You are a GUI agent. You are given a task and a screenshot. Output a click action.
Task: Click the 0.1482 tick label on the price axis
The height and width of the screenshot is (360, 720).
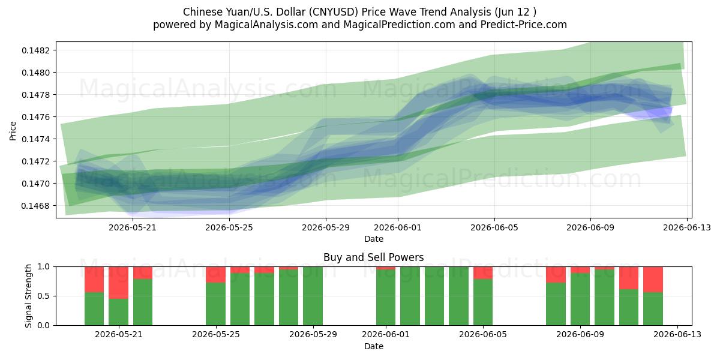[36, 50]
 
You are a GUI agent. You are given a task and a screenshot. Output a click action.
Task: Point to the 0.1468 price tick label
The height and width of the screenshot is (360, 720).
[36, 206]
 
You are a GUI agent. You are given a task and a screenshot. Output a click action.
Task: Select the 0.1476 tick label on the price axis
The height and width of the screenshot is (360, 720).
[36, 117]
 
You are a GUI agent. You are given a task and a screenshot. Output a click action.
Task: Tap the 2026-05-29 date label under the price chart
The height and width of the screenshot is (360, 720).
[326, 227]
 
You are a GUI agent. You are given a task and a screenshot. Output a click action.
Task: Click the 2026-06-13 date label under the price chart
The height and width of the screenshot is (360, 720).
[687, 227]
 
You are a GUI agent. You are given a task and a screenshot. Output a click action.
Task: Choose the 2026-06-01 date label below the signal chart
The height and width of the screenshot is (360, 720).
[386, 334]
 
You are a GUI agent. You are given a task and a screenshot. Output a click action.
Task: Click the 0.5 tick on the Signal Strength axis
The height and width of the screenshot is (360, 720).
[43, 296]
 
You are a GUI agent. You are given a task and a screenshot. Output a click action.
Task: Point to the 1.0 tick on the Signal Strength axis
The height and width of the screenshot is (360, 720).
[43, 267]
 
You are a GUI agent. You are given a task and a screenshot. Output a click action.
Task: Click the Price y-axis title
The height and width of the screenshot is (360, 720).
[13, 131]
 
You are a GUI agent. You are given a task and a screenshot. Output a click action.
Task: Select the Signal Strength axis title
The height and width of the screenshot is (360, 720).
[29, 296]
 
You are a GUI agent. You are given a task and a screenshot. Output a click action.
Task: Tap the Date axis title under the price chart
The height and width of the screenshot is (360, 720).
[373, 239]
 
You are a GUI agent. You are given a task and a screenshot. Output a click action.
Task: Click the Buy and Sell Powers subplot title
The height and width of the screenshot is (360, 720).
[373, 257]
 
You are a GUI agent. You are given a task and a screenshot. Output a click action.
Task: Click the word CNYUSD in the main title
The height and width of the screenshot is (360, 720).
[334, 12]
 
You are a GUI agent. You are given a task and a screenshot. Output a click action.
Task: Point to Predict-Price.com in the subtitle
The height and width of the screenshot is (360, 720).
[524, 25]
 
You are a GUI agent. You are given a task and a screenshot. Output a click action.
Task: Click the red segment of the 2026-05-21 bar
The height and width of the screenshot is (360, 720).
[119, 283]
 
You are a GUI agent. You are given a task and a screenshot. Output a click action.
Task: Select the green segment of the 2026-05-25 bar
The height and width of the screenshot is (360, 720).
[215, 304]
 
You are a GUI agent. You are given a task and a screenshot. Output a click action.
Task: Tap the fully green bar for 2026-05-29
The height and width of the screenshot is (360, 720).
[313, 296]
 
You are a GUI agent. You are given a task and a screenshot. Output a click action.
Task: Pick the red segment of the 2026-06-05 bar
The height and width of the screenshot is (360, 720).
[483, 273]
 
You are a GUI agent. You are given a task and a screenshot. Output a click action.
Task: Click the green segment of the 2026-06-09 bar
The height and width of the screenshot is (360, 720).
[580, 299]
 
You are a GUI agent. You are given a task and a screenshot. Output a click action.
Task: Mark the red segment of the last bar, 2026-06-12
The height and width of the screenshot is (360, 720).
[653, 280]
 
